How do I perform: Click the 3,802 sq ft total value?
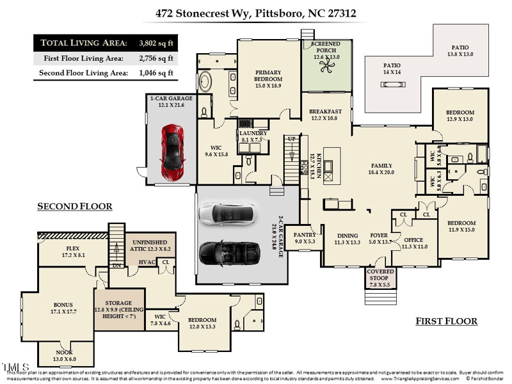click(x=156, y=43)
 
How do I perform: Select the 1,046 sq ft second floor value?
click(x=156, y=73)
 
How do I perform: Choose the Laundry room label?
click(x=253, y=136)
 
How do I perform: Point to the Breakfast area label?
click(x=326, y=115)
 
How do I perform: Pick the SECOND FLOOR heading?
click(x=74, y=206)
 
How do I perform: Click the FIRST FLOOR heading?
click(x=446, y=321)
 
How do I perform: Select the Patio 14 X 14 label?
click(x=392, y=68)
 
